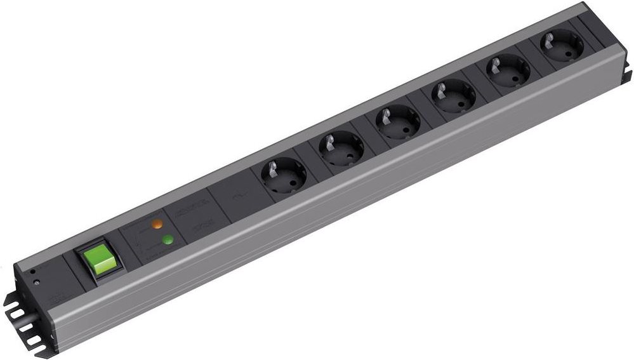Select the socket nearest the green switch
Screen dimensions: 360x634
pyautogui.click(x=282, y=174)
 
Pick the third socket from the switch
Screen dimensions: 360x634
pyautogui.click(x=397, y=121)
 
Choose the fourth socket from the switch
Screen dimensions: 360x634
pyautogui.click(x=452, y=96)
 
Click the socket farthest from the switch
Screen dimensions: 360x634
pyautogui.click(x=560, y=46)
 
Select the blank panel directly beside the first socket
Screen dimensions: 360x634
pyautogui.click(x=236, y=196)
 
